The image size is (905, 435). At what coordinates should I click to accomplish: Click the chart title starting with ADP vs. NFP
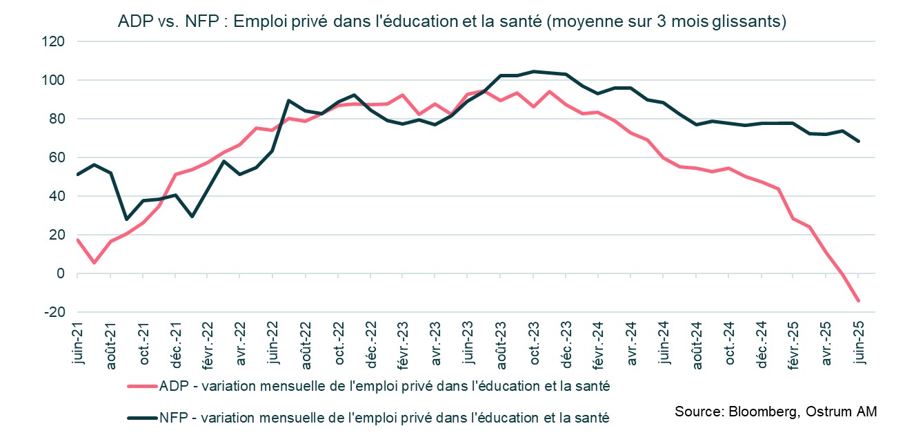click(452, 21)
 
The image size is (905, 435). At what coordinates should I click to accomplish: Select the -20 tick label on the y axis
click(54, 313)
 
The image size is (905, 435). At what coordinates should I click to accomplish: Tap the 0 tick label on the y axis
click(61, 274)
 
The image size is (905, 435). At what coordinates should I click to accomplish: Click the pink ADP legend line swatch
click(141, 387)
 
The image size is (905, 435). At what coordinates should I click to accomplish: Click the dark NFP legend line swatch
click(141, 416)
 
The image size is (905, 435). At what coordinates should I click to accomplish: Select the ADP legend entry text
click(384, 387)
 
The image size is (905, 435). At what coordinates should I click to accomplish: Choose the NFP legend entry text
click(384, 417)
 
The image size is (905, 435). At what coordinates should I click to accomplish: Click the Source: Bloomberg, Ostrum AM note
click(776, 412)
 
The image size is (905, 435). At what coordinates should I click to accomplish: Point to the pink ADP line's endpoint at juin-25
click(858, 300)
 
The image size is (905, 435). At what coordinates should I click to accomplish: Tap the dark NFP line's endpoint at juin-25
click(858, 141)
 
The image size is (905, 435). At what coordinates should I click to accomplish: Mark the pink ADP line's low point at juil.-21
click(94, 263)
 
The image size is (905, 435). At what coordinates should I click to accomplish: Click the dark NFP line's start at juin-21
click(77, 175)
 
